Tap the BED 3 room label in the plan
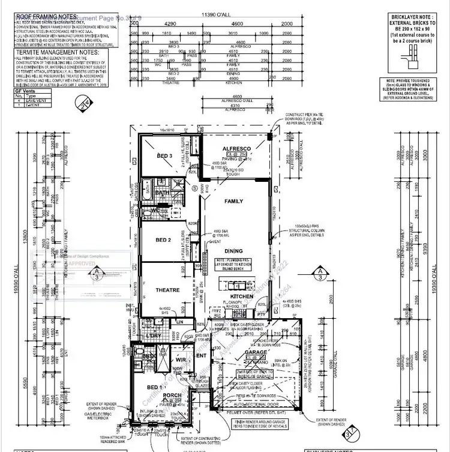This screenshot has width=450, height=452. (x=165, y=156)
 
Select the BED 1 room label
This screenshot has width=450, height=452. (x=158, y=388)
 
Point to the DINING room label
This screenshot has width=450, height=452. (x=234, y=251)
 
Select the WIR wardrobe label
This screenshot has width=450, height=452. (x=181, y=360)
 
